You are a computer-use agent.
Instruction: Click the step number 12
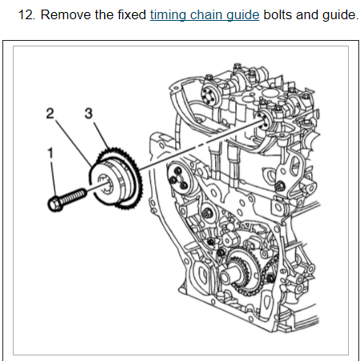click(26, 14)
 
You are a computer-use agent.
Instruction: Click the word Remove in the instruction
click(66, 14)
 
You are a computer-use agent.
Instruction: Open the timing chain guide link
click(205, 15)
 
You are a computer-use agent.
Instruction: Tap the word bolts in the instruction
click(278, 14)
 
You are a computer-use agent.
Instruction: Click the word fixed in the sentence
click(132, 14)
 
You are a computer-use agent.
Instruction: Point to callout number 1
click(50, 154)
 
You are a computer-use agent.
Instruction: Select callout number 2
click(50, 114)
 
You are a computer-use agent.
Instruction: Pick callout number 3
click(89, 114)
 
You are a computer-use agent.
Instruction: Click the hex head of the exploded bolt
click(55, 204)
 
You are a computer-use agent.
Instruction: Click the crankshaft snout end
click(225, 277)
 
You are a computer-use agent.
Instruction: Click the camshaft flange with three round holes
click(178, 178)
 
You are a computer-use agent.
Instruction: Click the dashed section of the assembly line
click(202, 146)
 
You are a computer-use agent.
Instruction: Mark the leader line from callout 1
click(54, 178)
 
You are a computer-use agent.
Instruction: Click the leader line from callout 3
click(101, 135)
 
